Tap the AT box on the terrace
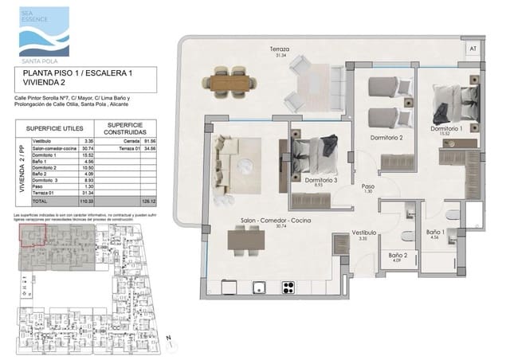473,49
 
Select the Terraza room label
279,51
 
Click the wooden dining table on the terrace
230,80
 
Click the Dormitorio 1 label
446,130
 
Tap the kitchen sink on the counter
258,287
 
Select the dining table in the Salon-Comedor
245,240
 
